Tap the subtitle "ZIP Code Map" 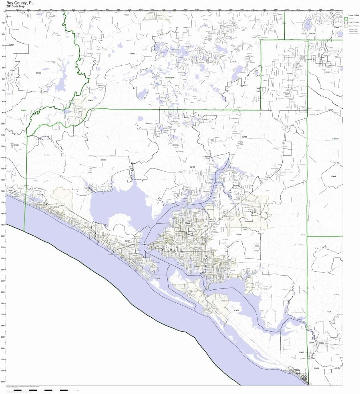(x=16, y=6)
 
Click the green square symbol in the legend (x=346, y=18)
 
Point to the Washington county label (x=170, y=78)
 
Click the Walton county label (x=24, y=110)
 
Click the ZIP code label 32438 (x=289, y=74)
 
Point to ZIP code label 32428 (x=234, y=62)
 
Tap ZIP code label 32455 (x=38, y=73)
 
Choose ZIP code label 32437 (x=91, y=100)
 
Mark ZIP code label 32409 (x=193, y=166)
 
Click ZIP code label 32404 (x=239, y=234)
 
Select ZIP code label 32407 (x=127, y=241)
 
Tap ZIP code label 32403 (x=236, y=310)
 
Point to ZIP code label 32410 (x=301, y=352)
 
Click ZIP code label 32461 (x=11, y=190)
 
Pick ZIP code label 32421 (x=328, y=72)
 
